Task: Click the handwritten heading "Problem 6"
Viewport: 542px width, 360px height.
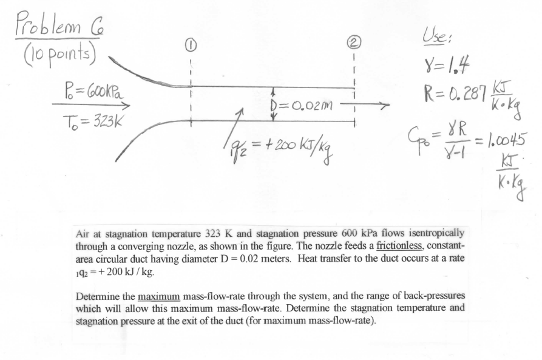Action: click(59, 25)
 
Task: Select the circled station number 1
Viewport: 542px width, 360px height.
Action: click(191, 45)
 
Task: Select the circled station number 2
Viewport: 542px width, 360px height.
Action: click(354, 42)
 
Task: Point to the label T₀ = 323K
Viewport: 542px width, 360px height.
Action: click(92, 121)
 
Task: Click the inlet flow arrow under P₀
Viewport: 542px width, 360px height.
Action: click(91, 105)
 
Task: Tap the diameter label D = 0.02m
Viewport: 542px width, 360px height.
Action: click(302, 104)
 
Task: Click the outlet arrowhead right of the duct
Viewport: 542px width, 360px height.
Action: click(385, 103)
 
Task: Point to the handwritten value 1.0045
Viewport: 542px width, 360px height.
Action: click(507, 140)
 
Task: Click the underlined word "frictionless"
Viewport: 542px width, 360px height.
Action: click(399, 246)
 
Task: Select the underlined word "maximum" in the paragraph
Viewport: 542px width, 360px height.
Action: click(159, 296)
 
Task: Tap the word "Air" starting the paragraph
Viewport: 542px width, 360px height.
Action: click(83, 234)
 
